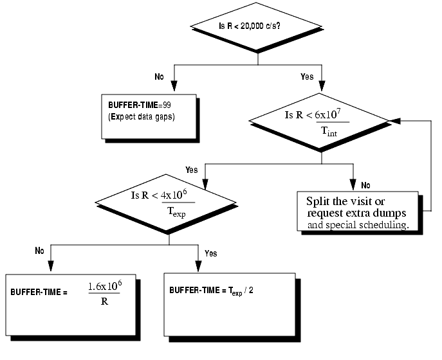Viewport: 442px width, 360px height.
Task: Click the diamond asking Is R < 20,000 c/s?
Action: (257, 26)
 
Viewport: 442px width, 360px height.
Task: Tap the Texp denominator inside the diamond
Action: (175, 213)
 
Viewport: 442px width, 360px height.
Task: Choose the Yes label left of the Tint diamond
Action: (191, 170)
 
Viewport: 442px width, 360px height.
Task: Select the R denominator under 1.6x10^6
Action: (104, 300)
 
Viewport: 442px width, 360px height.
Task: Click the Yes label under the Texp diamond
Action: (210, 253)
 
